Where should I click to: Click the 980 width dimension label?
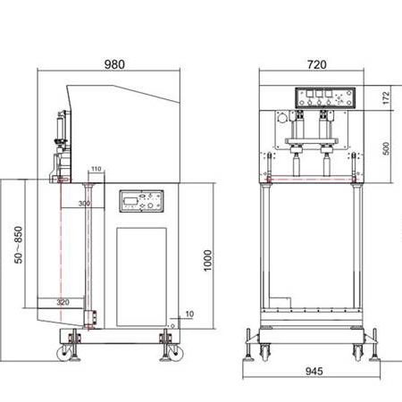(114, 64)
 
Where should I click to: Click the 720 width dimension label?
(317, 64)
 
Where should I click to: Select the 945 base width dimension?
(314, 371)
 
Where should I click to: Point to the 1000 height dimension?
(207, 260)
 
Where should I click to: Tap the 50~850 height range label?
(18, 245)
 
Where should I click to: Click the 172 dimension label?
(386, 98)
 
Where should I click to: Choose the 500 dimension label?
(386, 148)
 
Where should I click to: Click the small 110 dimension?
(96, 169)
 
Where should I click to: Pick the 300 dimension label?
(84, 204)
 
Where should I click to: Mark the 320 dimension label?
(63, 302)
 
